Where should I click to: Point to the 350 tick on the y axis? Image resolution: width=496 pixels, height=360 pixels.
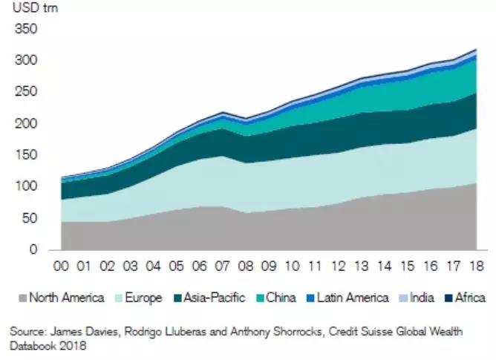coord(25,30)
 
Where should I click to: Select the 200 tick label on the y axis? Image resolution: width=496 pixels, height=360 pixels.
coord(25,124)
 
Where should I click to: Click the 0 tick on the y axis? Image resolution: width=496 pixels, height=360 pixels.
coord(32,249)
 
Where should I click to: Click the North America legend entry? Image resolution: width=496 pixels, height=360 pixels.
coord(66,298)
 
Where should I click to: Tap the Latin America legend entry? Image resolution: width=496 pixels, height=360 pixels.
coord(351,298)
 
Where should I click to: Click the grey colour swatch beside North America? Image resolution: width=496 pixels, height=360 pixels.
coord(22,298)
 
